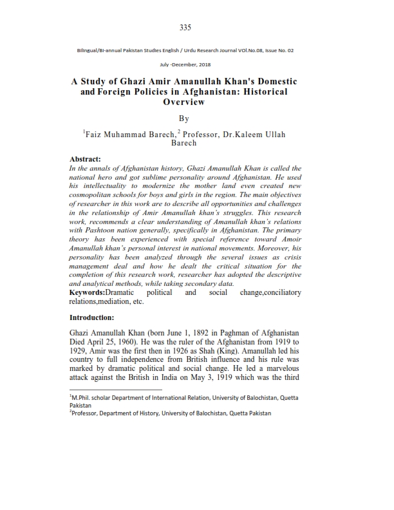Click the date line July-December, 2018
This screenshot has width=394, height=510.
(185, 64)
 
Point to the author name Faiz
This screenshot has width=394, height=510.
(97, 135)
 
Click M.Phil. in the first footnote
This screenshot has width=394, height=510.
(83, 398)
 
